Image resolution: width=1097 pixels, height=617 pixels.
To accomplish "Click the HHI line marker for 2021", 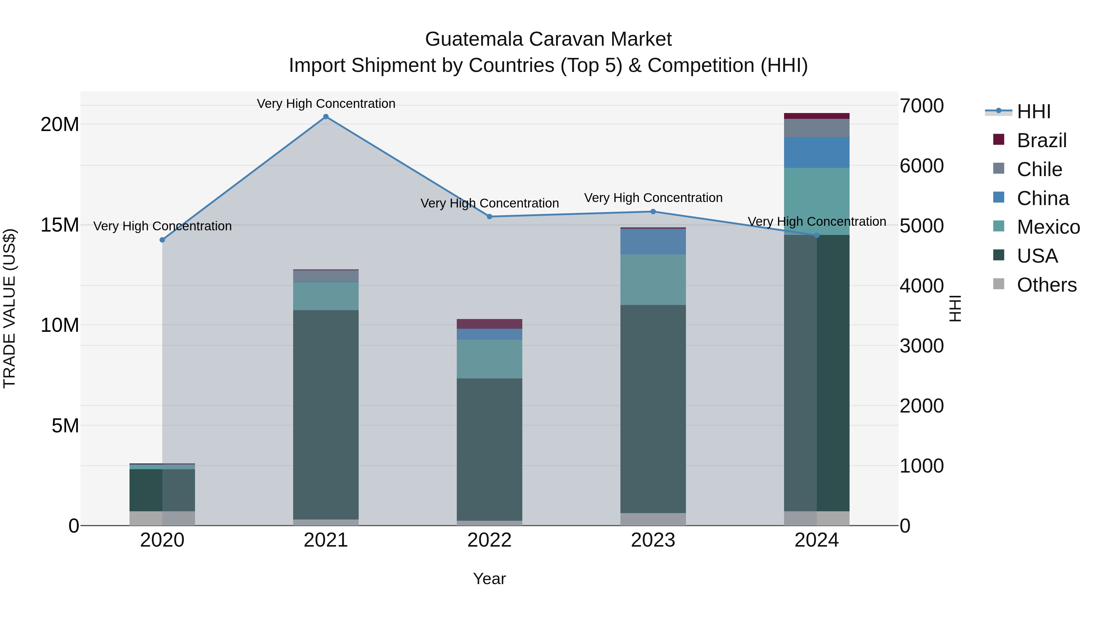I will click(x=326, y=117).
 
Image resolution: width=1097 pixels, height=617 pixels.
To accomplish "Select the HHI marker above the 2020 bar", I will click(x=162, y=240).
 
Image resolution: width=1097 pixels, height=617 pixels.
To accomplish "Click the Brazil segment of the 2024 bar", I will click(x=816, y=116).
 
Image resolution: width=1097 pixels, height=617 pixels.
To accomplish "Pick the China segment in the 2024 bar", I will click(x=816, y=152).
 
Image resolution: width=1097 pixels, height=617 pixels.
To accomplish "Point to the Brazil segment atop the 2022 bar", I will click(x=489, y=324).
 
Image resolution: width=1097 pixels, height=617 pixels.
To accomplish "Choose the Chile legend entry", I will click(x=1039, y=169).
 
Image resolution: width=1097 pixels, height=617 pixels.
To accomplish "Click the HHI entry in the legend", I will click(x=1034, y=112).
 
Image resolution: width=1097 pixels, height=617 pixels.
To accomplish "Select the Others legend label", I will click(x=1046, y=285).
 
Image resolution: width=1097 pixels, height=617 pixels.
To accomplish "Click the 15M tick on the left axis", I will click(x=60, y=225).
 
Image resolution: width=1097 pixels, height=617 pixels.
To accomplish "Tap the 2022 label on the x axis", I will click(x=489, y=540).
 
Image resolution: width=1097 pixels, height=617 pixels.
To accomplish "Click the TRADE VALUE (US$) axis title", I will click(x=9, y=308).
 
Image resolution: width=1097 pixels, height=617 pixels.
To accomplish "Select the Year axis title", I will click(x=489, y=579).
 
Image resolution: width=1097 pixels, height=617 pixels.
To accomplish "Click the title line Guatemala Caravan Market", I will click(x=548, y=39).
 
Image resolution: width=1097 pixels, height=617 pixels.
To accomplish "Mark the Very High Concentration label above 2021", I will click(x=326, y=104).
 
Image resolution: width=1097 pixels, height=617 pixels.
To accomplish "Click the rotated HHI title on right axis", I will click(x=955, y=308).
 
